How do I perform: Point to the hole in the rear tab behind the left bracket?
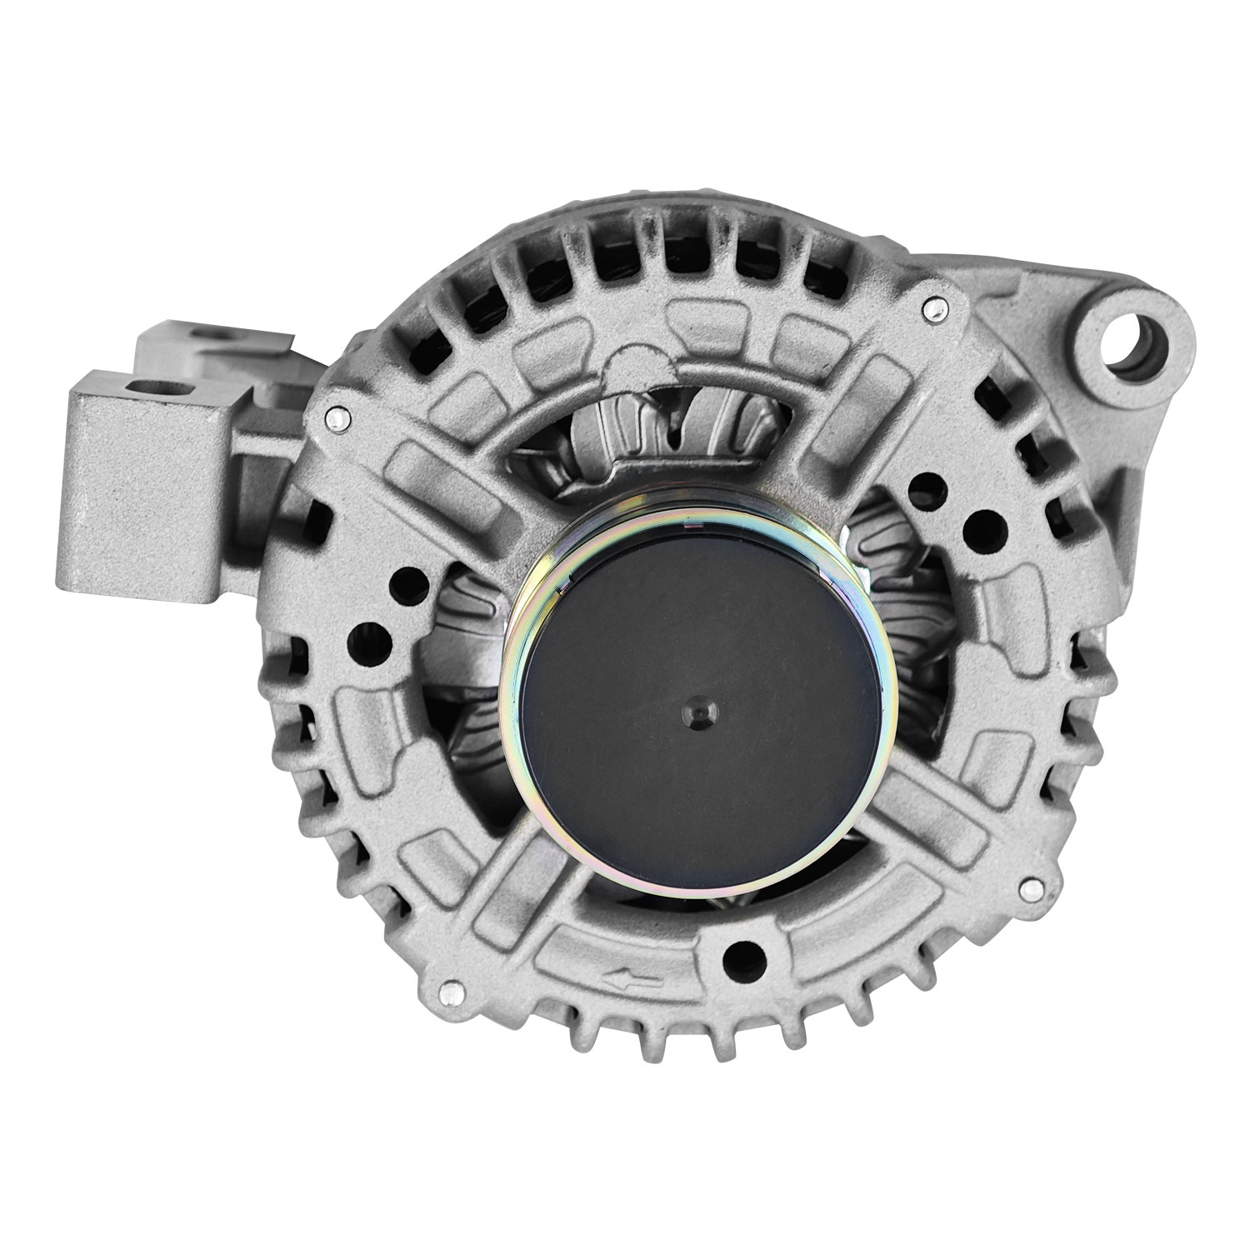(x=207, y=337)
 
